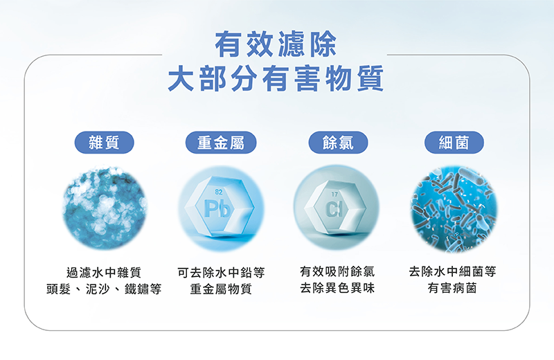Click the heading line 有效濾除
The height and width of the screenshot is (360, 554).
276,44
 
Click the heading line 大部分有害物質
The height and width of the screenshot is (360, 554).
276,78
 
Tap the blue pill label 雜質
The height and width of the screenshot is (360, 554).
105,143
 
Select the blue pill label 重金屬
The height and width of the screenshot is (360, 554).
221,143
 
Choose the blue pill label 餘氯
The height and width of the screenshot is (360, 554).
338,143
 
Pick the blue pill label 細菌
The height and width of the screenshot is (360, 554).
454,143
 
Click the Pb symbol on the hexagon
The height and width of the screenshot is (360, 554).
217,209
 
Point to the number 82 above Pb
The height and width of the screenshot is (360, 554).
219,192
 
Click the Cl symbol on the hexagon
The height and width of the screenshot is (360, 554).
334,209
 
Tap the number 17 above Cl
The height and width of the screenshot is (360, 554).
334,195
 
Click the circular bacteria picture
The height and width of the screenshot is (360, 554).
454,210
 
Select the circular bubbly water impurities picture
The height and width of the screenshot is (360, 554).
105,208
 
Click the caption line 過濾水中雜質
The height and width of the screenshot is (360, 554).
104,272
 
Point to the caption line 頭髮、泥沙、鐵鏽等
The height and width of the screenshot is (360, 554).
104,289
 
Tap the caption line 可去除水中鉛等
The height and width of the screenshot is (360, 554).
221,272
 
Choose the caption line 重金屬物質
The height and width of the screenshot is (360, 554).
221,289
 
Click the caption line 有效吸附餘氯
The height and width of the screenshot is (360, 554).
337,271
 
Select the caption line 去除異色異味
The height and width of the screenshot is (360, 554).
337,288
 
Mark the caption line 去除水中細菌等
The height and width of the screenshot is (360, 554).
453,271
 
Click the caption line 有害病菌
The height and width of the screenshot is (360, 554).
453,288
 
